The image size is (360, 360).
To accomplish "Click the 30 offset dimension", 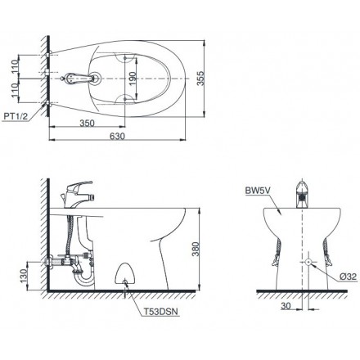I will (286, 307).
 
